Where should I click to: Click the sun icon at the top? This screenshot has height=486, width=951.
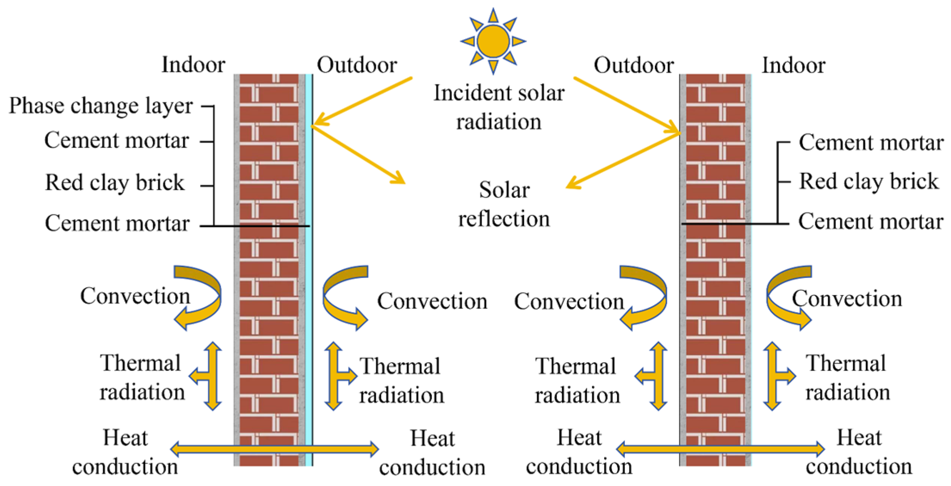(x=493, y=41)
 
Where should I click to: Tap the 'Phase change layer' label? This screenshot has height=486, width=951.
(x=101, y=106)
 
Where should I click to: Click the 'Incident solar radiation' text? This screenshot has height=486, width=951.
(x=499, y=107)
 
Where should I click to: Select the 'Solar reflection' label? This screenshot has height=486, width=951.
(x=504, y=204)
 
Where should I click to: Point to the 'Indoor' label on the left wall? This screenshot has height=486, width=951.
(x=193, y=65)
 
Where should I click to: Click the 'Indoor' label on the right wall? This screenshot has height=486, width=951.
(x=794, y=65)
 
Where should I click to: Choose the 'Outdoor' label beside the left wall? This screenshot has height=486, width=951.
(x=357, y=65)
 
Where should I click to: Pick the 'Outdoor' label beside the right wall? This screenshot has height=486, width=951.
(x=633, y=65)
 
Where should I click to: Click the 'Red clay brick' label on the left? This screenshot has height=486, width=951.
(x=115, y=182)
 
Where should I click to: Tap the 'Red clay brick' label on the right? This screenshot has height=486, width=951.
(x=868, y=181)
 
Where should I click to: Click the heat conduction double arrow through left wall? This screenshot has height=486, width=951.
(x=275, y=449)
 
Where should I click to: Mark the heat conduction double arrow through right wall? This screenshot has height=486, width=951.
(x=720, y=449)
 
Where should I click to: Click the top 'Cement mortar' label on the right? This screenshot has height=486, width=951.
(x=871, y=142)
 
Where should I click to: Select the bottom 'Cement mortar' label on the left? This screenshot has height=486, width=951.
(x=117, y=223)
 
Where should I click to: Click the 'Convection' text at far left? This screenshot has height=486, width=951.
(x=135, y=296)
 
